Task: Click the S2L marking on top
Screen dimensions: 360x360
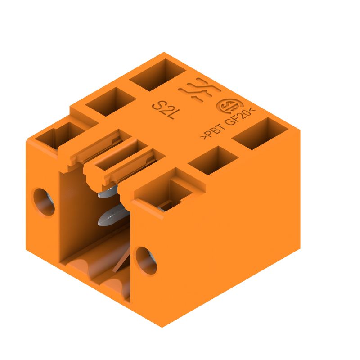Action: click(166, 110)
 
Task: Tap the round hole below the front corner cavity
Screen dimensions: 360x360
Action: click(146, 260)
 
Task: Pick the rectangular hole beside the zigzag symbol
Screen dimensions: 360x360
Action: click(157, 76)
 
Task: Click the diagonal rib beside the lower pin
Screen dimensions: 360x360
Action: click(121, 261)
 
